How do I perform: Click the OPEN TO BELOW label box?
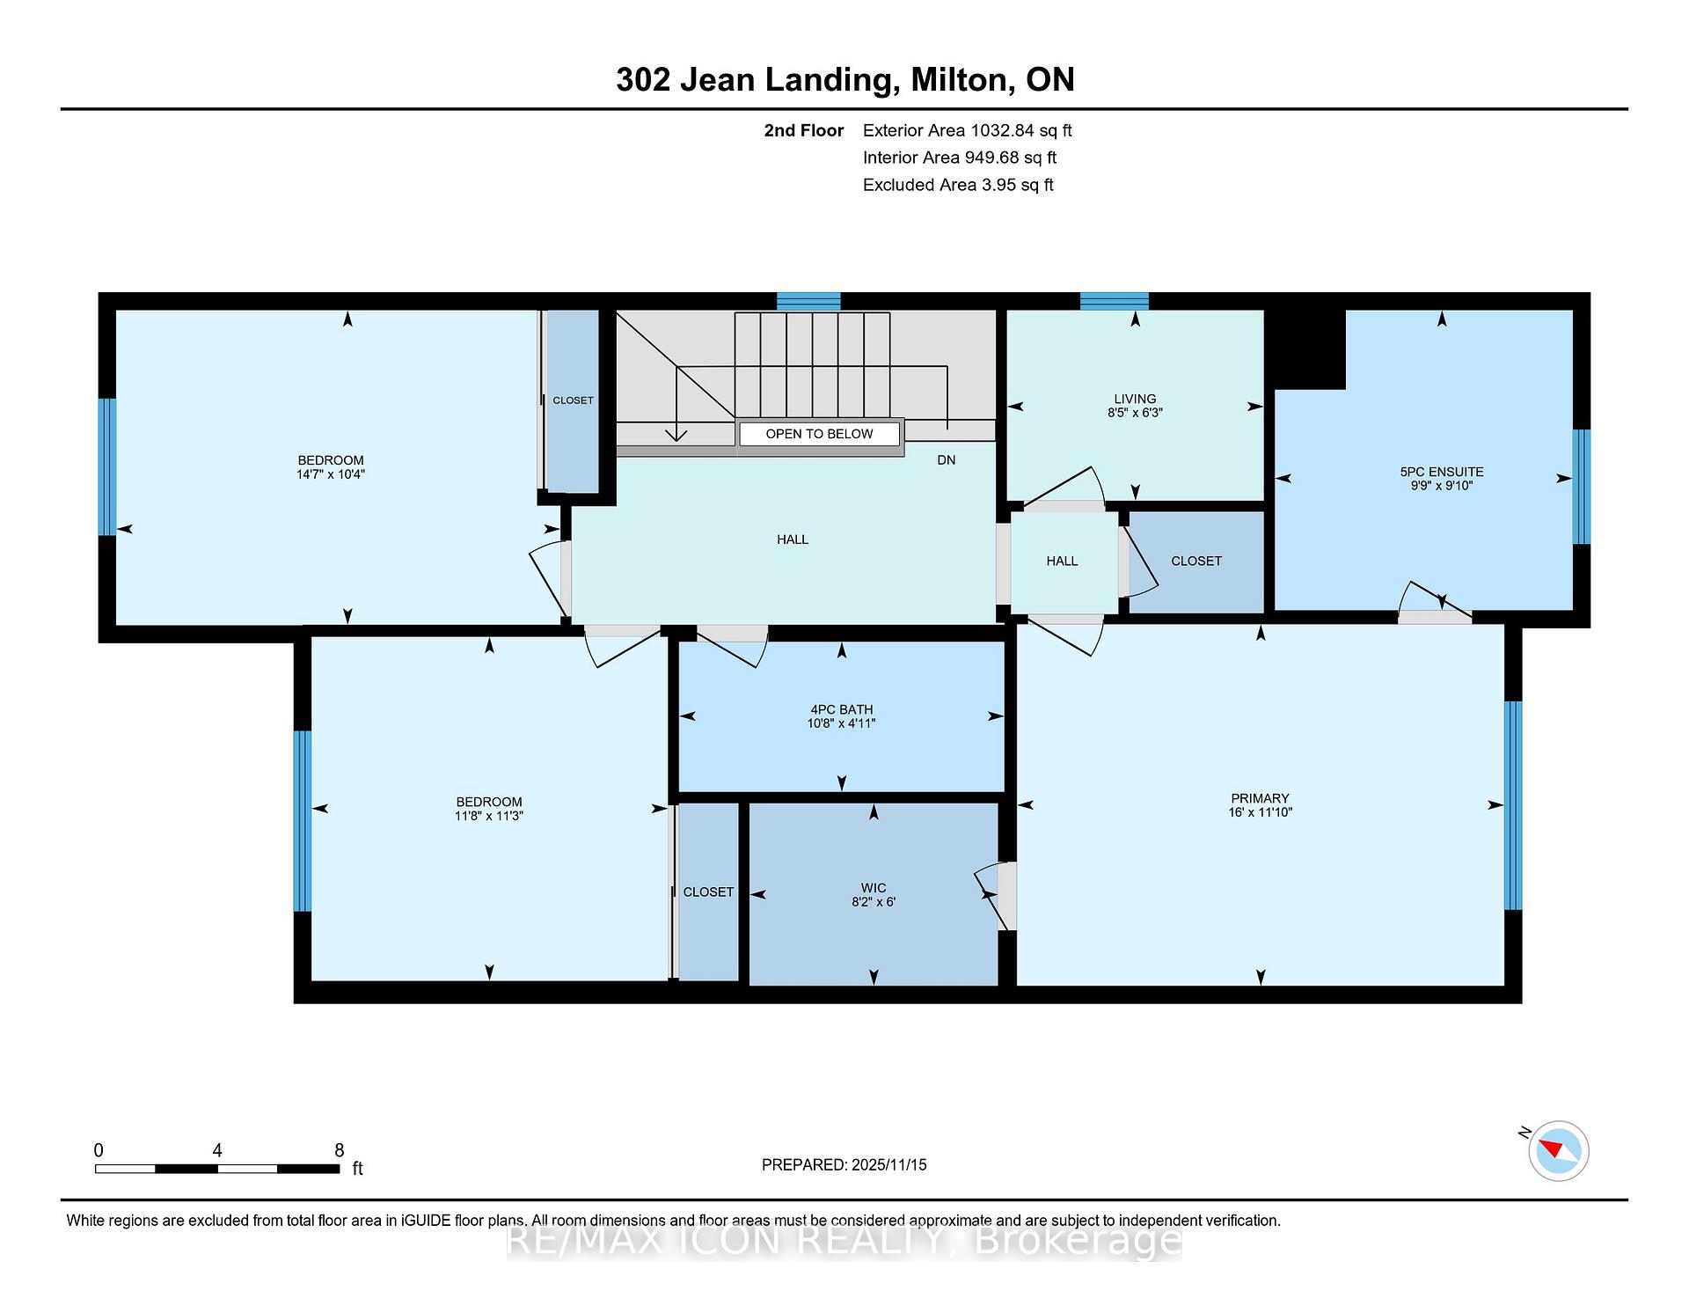pos(820,434)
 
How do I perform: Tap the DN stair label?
pos(947,460)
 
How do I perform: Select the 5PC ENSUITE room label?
pos(1442,472)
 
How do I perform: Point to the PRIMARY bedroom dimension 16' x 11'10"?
pos(1261,812)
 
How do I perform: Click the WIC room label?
pos(874,888)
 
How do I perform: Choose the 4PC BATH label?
pos(842,709)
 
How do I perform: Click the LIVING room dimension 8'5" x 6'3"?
pos(1135,412)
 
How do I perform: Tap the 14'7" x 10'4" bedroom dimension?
pos(331,474)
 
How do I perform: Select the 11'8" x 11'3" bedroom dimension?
pos(489,816)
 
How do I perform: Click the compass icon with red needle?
pos(1559,1150)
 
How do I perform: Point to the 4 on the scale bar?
pos(217,1150)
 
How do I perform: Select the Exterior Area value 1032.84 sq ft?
pos(1021,131)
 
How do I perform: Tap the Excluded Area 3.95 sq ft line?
pos(958,185)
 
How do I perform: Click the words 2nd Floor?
pos(804,131)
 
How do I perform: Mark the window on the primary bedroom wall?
pos(1513,804)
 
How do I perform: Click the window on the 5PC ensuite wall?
pos(1581,486)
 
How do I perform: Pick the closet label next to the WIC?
pos(708,892)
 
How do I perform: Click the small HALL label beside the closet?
pos(1062,561)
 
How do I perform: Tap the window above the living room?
pos(1115,301)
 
